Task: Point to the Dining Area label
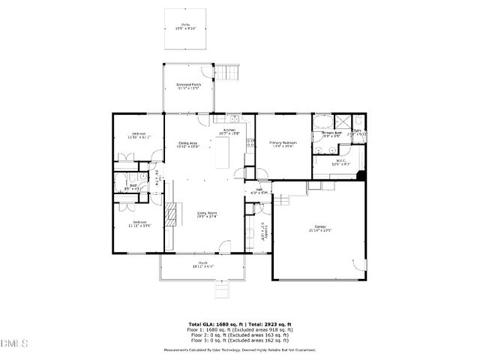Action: point(187,145)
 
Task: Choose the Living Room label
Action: point(207,215)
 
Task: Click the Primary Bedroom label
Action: point(283,144)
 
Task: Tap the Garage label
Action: point(320,229)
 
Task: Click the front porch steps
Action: point(223,290)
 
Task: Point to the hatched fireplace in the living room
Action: point(172,213)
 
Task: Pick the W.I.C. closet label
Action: point(340,161)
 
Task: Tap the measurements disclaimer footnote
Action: point(240,349)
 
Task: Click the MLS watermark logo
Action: point(13,344)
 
